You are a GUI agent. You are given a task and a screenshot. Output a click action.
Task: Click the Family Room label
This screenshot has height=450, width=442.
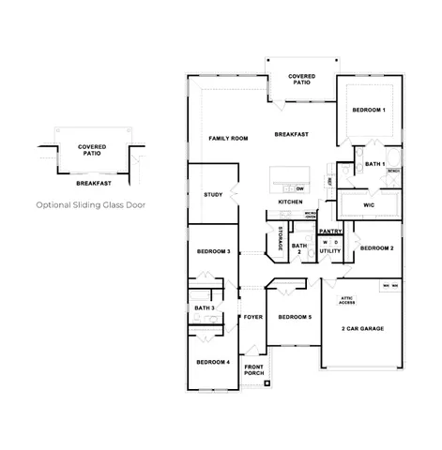[227, 138]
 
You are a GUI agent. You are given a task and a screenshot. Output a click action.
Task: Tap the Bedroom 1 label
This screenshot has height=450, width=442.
[369, 111]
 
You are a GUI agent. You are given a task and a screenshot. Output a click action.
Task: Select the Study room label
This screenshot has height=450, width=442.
[213, 194]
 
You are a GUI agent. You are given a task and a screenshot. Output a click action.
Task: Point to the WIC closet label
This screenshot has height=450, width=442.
[368, 203]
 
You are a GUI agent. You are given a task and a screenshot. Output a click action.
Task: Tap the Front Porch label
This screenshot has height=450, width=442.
[253, 370]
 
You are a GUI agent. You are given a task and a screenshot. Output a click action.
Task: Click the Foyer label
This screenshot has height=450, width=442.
[253, 317]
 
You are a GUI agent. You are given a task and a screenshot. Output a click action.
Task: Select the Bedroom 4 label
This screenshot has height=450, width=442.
[213, 362]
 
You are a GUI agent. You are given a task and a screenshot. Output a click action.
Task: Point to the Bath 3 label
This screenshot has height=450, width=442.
[205, 307]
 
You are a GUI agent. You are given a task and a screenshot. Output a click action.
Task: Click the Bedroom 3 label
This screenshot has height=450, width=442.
[213, 252]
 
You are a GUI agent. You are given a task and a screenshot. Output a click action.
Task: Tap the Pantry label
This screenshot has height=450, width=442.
[329, 230]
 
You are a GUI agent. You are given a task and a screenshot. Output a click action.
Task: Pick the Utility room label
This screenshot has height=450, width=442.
[329, 251]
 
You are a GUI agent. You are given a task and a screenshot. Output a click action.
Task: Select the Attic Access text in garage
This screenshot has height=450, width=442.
[346, 302]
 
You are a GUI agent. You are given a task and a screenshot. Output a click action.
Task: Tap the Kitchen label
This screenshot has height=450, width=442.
[290, 202]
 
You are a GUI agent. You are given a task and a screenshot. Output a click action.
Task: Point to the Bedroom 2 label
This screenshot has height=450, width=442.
[376, 248]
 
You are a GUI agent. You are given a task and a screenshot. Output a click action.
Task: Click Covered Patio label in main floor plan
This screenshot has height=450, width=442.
[301, 79]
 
